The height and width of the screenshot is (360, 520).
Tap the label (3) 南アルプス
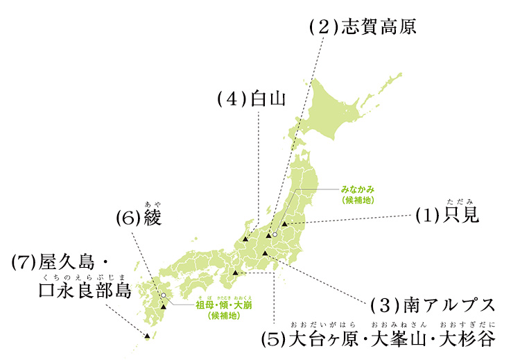tap(433, 305)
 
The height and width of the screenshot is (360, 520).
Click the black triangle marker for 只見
tap(284, 223)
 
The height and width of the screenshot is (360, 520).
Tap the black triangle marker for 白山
tap(245, 240)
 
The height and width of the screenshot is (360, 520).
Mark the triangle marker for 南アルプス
tap(265, 254)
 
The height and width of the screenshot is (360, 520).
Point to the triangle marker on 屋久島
tap(147, 336)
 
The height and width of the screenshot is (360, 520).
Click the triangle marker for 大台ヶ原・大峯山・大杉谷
tap(236, 273)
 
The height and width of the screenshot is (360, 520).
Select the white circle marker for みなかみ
tap(275, 235)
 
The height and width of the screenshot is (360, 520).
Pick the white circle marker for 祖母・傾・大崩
tap(164, 295)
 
